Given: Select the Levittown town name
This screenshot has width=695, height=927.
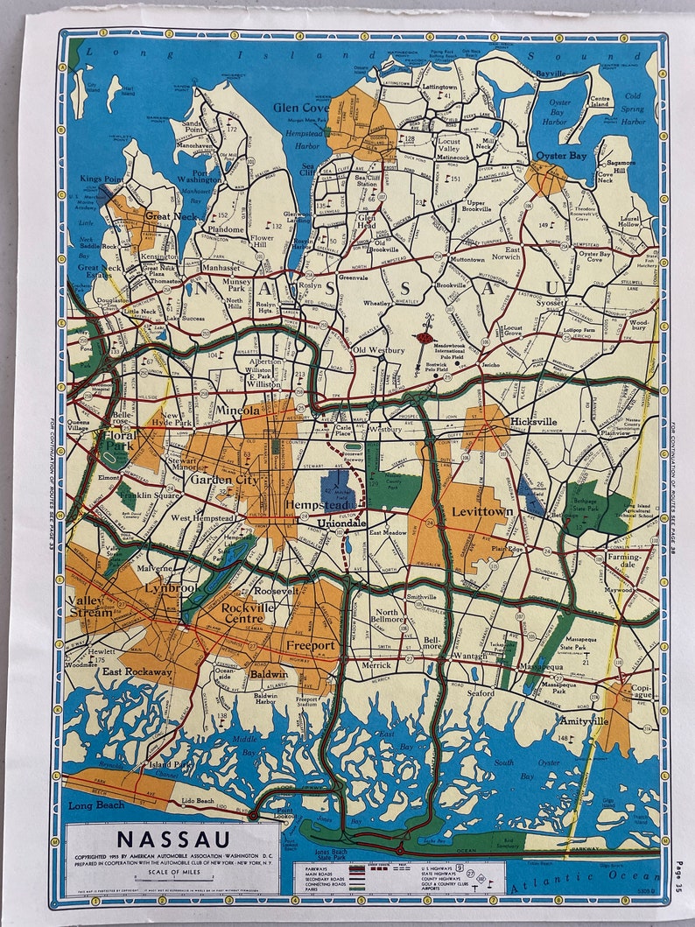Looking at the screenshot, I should [x=481, y=510].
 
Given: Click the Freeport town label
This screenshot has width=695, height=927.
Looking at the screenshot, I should [x=310, y=646].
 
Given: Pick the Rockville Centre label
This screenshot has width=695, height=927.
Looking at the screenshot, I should [x=249, y=614].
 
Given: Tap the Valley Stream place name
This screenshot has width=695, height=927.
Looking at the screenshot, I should [x=89, y=607].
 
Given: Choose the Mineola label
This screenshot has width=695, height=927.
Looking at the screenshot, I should [x=238, y=410].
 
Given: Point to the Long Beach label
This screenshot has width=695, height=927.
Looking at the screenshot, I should [x=94, y=803].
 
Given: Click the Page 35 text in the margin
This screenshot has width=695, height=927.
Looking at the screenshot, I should [x=679, y=875].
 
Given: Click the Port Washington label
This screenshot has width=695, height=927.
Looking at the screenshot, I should [x=200, y=173].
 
